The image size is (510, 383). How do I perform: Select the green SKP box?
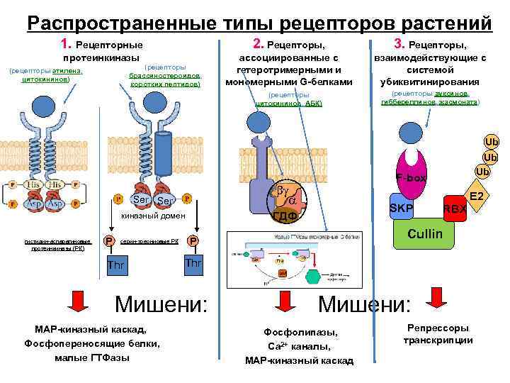[402, 206]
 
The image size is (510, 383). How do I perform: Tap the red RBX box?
[453, 209]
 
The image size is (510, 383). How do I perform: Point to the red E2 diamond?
[476, 196]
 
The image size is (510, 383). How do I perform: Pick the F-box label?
[411, 178]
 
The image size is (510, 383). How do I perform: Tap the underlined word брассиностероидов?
[164, 75]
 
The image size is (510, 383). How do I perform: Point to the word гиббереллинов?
[404, 102]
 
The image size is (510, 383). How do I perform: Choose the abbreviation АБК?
[313, 104]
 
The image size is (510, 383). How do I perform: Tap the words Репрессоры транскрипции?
[437, 334]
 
